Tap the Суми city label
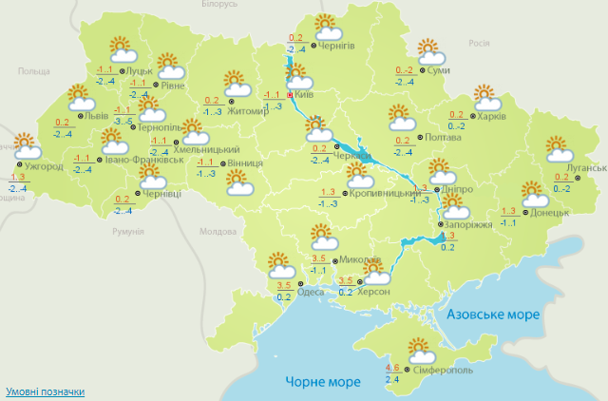[438, 71]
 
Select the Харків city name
[491, 117]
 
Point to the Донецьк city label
[550, 212]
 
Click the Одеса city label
[311, 293]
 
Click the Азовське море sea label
[493, 315]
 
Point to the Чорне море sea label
[323, 382]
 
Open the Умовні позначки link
[45, 391]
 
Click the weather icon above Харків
[486, 97]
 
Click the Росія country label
[479, 43]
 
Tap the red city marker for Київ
[290, 95]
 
